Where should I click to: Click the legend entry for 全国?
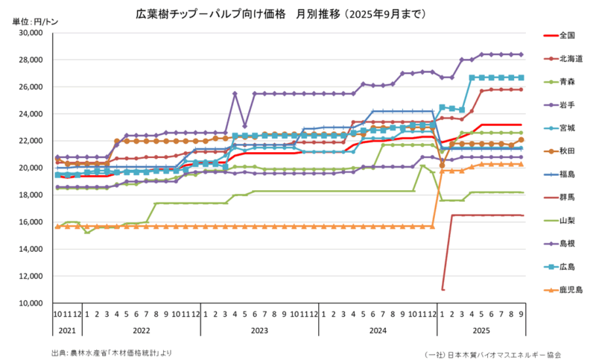566,35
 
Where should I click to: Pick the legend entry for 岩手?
566,104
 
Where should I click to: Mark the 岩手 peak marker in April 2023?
235,93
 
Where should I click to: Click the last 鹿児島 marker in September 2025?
521,164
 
